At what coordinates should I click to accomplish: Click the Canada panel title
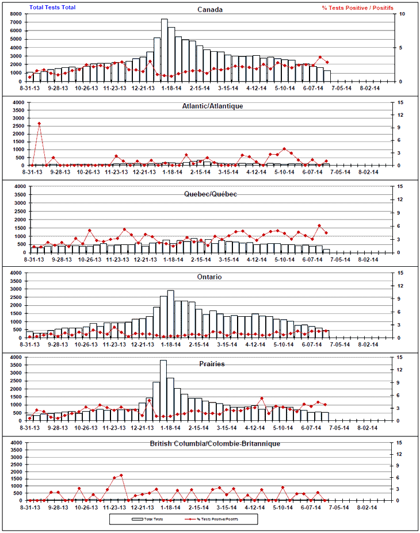210,10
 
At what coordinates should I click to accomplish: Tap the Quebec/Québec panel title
209,194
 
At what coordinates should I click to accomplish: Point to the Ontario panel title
209,277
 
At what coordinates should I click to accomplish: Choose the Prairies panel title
212,364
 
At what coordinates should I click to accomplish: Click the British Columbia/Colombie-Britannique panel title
215,444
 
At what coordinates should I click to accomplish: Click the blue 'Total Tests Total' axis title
52,7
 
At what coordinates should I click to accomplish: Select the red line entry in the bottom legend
213,519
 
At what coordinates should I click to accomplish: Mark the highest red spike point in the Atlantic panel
39,123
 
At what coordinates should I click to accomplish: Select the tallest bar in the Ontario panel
170,313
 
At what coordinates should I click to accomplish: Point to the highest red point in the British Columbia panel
121,476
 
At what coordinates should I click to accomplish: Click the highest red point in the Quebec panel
319,225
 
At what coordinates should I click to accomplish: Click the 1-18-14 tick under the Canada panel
171,89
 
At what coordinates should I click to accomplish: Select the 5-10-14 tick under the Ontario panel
284,345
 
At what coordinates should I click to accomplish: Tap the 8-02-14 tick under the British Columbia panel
369,508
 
